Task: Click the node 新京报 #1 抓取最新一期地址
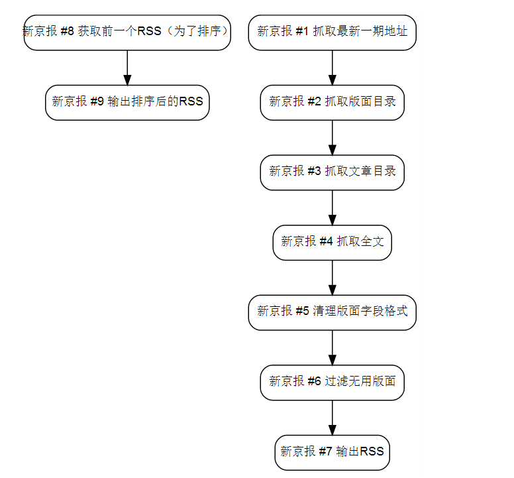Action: click(332, 32)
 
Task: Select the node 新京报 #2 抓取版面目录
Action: click(332, 103)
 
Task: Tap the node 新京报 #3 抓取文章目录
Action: click(332, 172)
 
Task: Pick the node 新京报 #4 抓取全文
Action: click(332, 243)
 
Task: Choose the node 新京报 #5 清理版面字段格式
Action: click(332, 313)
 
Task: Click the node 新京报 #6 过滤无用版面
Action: click(332, 383)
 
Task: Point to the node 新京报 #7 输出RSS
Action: click(332, 453)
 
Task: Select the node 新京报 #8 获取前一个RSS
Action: click(127, 32)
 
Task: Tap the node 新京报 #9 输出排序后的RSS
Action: click(127, 103)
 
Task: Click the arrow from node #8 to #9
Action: click(127, 68)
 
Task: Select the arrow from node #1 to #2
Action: click(332, 68)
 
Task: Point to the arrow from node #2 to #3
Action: click(332, 138)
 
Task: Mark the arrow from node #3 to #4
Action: click(332, 208)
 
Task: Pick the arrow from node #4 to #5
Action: click(332, 278)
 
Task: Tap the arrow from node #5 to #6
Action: click(332, 348)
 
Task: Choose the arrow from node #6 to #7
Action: click(332, 418)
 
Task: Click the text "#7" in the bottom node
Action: click(325, 451)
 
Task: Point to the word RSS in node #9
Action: click(191, 101)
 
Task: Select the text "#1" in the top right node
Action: click(302, 31)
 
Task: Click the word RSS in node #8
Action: click(149, 31)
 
